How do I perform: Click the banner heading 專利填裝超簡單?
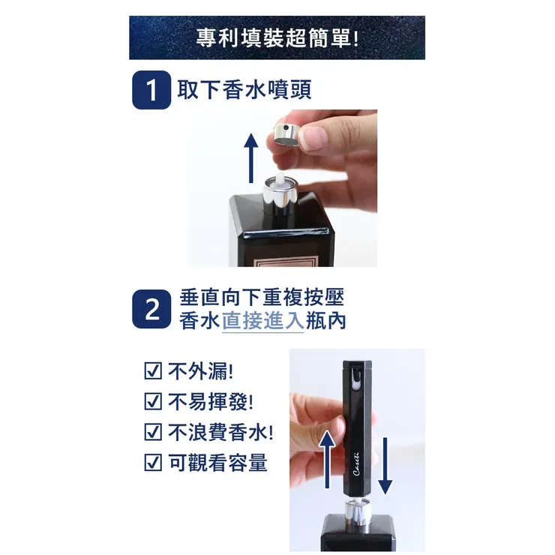tap(277, 38)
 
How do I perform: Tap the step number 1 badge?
tap(151, 91)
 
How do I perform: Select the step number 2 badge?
tap(151, 310)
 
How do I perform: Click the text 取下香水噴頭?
tap(244, 90)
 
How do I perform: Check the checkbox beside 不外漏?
tap(151, 371)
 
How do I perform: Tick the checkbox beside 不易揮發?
tap(151, 402)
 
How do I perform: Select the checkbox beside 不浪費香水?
tap(151, 433)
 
